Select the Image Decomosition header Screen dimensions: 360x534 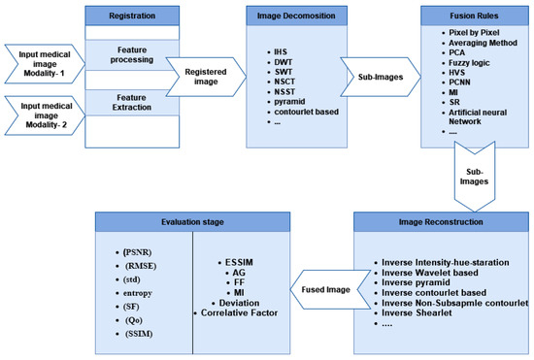pos(297,16)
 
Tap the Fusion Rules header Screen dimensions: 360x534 pos(460,16)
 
